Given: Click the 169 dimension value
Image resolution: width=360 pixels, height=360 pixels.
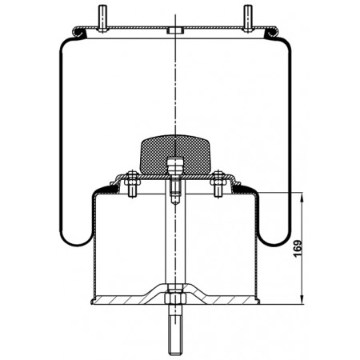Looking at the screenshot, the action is (298, 249).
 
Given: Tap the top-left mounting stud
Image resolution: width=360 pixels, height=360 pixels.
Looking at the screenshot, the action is (102, 18).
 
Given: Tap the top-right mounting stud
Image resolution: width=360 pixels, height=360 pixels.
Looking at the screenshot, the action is (248, 18).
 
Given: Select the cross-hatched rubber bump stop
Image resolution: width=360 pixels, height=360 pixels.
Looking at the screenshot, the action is (175, 154).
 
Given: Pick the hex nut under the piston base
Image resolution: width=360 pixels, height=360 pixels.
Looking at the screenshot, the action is (175, 298).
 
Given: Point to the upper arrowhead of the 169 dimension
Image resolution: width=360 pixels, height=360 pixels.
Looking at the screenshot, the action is (302, 198).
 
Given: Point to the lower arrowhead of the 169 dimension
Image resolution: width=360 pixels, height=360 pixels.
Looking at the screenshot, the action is (302, 299).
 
